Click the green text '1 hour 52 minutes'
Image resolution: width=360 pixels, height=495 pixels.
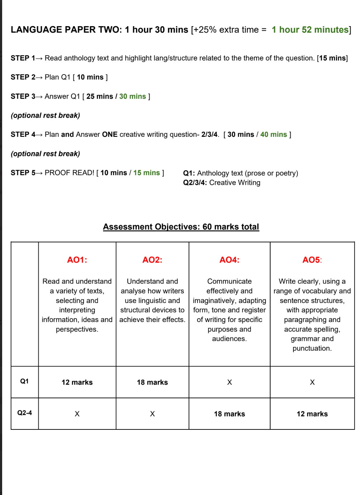pyautogui.click(x=310, y=30)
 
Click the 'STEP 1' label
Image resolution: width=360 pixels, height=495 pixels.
pyautogui.click(x=23, y=58)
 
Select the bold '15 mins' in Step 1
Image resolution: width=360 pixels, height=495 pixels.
pyautogui.click(x=332, y=58)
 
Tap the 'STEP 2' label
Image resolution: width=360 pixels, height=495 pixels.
pyautogui.click(x=23, y=77)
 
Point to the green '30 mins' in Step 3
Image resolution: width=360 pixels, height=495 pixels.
pyautogui.click(x=132, y=96)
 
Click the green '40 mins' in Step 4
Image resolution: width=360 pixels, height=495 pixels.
pyautogui.click(x=273, y=134)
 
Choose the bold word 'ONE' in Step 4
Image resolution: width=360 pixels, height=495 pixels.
pyautogui.click(x=110, y=134)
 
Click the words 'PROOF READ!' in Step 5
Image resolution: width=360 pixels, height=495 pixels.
pyautogui.click(x=69, y=173)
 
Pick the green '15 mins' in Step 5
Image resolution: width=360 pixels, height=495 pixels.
pyautogui.click(x=146, y=173)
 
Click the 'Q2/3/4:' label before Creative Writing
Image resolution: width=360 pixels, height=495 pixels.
pyautogui.click(x=195, y=183)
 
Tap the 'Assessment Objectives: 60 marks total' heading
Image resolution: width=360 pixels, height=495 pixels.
pyautogui.click(x=181, y=227)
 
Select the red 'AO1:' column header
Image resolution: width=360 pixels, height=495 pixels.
pyautogui.click(x=77, y=260)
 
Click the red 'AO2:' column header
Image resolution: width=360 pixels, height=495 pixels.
pyautogui.click(x=152, y=260)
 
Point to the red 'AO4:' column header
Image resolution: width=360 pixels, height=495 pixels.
pyautogui.click(x=229, y=260)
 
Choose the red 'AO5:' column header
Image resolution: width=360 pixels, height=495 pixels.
pyautogui.click(x=312, y=260)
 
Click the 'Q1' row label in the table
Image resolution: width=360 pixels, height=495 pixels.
pyautogui.click(x=24, y=381)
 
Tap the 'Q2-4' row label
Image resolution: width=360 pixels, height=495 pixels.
pyautogui.click(x=24, y=413)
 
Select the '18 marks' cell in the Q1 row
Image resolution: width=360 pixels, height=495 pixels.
pyautogui.click(x=152, y=382)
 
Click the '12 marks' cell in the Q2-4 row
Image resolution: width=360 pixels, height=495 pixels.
pyautogui.click(x=312, y=414)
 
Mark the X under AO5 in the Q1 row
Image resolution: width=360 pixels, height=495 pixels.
pyautogui.click(x=312, y=382)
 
